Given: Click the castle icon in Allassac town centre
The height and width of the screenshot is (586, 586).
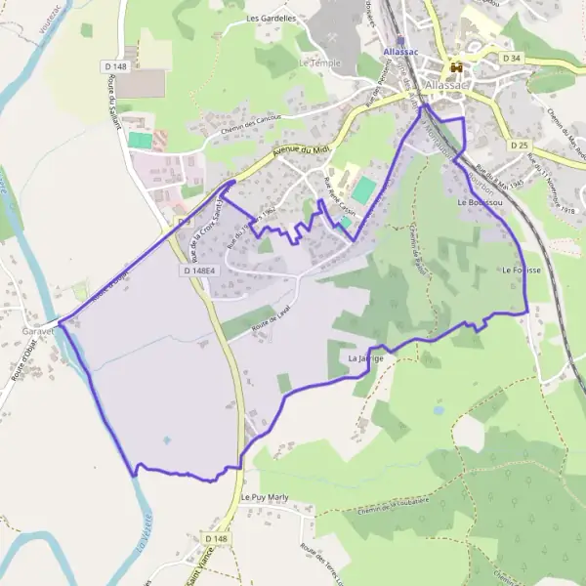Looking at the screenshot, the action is [455, 67].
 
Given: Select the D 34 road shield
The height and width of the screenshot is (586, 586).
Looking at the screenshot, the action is [512, 59].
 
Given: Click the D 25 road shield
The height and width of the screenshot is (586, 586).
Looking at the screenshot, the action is [518, 144].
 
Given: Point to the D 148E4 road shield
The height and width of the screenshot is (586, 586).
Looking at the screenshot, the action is [199, 270].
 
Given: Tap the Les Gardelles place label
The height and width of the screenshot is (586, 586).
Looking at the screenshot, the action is [271, 18].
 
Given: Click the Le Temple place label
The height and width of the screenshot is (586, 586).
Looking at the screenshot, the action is [316, 63].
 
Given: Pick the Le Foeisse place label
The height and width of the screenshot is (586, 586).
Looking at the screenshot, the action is [522, 269].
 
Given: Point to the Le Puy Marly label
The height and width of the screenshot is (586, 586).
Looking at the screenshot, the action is [267, 497].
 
